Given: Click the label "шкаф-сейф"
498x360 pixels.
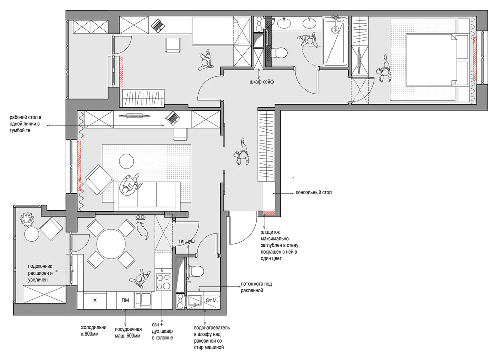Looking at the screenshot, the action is pos(262,82).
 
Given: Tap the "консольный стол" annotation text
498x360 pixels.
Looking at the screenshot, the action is pos(314,192).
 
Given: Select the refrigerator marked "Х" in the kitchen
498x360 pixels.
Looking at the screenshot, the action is pos(95,300).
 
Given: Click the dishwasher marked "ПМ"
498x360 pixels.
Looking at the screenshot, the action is pos(125,300).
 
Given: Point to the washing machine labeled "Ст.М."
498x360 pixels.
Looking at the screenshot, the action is pos(211,300).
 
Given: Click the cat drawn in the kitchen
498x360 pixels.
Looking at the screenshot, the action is pos(142,230).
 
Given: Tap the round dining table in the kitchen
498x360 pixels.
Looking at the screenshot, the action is pos(111,245).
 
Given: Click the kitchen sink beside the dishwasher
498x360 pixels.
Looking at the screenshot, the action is pos(143,300).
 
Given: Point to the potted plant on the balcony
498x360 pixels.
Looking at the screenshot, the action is pos(27,219).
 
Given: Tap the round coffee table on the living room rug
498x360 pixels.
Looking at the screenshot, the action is pos(126,161).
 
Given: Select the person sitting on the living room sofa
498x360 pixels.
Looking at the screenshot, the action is pos(129,187).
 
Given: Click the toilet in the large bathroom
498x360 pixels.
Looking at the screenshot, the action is pos(279,52).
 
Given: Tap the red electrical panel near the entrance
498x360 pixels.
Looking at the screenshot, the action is pos(268,213).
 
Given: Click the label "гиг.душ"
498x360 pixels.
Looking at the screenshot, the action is pos(187,241).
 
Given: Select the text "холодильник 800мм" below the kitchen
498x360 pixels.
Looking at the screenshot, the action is pos(94,330).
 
